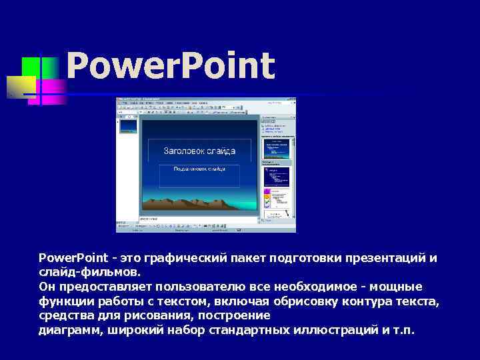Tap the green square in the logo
(x=31, y=67)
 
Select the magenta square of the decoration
(x=53, y=90)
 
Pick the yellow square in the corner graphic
(x=20, y=85)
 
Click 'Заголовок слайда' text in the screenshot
(x=199, y=151)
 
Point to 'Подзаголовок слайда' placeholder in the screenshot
(x=199, y=169)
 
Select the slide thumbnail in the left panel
(x=127, y=126)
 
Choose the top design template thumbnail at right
(x=277, y=151)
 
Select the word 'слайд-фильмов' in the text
(x=89, y=273)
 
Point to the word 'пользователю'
(x=193, y=287)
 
